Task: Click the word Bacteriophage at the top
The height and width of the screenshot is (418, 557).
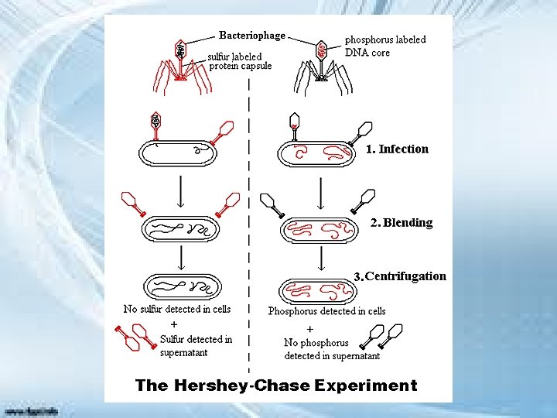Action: (252, 35)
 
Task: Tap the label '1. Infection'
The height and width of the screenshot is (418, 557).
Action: (397, 149)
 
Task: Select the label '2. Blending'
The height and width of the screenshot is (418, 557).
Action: (402, 223)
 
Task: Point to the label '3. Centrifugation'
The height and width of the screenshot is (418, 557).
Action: (400, 276)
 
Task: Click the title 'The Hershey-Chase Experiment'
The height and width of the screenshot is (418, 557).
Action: (276, 385)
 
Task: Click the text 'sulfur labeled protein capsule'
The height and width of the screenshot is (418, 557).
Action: (239, 61)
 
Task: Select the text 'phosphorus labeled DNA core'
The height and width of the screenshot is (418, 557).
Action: (384, 46)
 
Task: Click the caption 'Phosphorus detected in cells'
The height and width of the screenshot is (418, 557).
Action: (326, 311)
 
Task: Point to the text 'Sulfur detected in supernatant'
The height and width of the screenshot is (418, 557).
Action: (196, 346)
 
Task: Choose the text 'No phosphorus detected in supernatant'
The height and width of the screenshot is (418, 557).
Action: (332, 349)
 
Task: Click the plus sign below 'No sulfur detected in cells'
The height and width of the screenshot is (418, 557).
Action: (174, 324)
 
